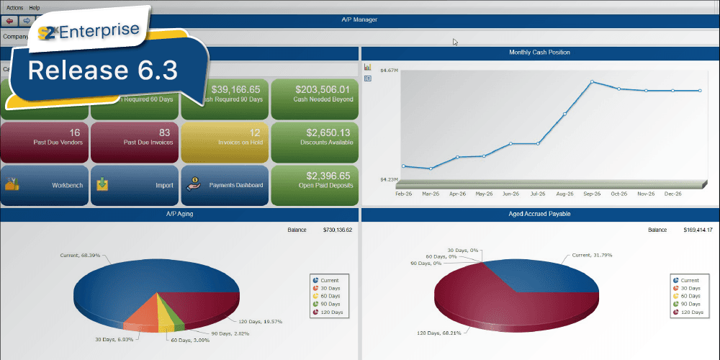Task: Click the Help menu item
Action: pos(35,7)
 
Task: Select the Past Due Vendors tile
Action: pos(45,137)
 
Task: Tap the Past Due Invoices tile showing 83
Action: pos(134,137)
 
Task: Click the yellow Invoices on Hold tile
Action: pos(224,137)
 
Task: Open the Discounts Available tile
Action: pos(314,137)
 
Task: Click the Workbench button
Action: pos(45,185)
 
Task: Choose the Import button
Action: pos(134,185)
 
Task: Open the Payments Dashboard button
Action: pos(224,185)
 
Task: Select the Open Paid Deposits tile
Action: pos(314,180)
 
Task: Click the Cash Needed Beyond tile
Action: pos(314,93)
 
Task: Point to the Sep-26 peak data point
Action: pos(592,82)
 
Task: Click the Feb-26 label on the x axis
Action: pos(404,194)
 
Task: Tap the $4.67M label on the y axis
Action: pos(379,70)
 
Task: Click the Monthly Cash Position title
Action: pos(539,53)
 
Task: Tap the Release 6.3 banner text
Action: pos(102,70)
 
